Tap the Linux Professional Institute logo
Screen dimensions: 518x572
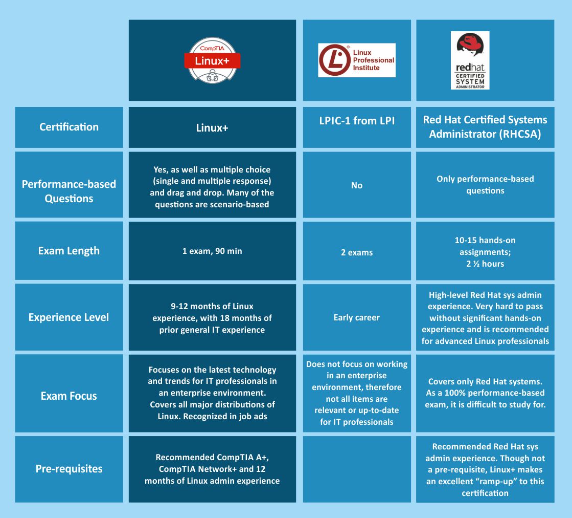[356, 60]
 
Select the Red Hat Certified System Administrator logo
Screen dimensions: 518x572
[470, 60]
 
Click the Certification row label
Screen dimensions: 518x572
[69, 127]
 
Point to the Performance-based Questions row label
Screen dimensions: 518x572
[69, 191]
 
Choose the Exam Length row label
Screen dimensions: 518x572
[69, 251]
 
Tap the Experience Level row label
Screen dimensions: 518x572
[69, 317]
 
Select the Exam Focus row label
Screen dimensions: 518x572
[69, 396]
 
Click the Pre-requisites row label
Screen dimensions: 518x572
[69, 468]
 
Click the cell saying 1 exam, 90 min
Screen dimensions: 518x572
[212, 251]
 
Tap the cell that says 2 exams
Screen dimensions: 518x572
[356, 252]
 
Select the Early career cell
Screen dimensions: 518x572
[356, 317]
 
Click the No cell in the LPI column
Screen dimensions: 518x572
[356, 185]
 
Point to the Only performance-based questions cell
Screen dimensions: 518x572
[485, 185]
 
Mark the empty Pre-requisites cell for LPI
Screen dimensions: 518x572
[356, 469]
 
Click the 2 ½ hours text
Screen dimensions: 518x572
[485, 264]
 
